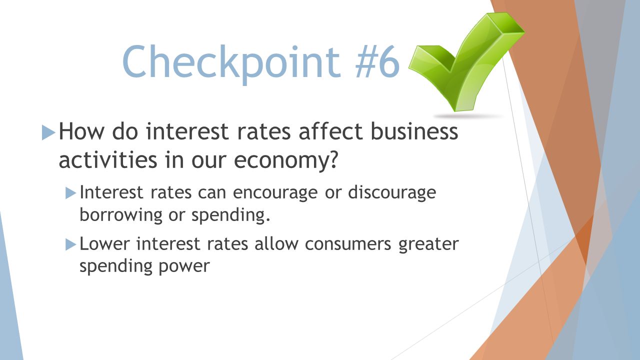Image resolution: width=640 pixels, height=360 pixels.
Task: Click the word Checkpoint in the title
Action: [x=231, y=63]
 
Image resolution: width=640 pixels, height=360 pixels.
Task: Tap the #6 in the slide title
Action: [x=377, y=62]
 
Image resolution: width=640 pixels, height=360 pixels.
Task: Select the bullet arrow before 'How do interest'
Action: [x=48, y=132]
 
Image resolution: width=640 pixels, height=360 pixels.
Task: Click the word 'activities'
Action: [x=107, y=159]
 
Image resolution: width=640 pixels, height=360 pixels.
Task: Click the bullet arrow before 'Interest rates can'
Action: [x=71, y=193]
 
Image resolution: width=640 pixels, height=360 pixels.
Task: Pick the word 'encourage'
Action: [x=275, y=193]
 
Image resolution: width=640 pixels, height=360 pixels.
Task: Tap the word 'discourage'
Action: [x=392, y=192]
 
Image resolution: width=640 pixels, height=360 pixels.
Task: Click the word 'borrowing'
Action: [x=121, y=215]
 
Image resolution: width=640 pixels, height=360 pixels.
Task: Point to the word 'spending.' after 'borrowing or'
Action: [x=230, y=215]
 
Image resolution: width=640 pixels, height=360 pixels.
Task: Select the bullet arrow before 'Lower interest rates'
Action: [x=71, y=244]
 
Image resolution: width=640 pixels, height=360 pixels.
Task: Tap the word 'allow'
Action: [x=276, y=243]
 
